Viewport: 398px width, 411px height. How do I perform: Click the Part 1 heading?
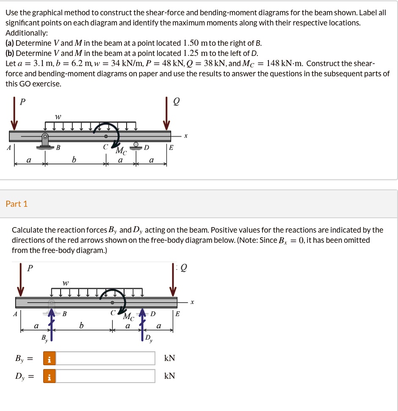pos(17,204)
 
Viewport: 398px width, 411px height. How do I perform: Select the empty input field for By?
pos(105,358)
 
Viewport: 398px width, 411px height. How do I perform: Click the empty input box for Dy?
pos(105,376)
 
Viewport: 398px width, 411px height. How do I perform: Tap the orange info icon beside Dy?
pos(49,376)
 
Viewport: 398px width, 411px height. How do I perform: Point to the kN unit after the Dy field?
pos(169,376)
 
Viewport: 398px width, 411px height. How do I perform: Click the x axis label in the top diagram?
pos(185,136)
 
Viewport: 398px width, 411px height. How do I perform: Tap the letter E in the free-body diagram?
pos(177,314)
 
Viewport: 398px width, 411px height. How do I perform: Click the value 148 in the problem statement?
pos(269,64)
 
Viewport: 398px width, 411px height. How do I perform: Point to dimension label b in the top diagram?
pos(74,160)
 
